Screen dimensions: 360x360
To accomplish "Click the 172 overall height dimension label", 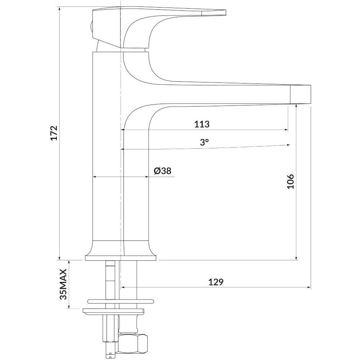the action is pyautogui.click(x=54, y=133).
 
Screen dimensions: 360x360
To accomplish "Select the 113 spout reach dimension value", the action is pyautogui.click(x=202, y=124).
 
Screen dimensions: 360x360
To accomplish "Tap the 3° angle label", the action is pyautogui.click(x=204, y=142).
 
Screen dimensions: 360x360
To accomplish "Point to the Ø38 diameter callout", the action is pyautogui.click(x=163, y=171).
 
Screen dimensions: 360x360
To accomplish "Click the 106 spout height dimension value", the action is pyautogui.click(x=291, y=181).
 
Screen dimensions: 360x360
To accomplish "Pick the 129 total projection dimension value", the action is pyautogui.click(x=216, y=282).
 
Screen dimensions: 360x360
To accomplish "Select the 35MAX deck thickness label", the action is pyautogui.click(x=63, y=284).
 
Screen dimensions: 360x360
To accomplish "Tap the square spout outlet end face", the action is pyautogui.click(x=301, y=94).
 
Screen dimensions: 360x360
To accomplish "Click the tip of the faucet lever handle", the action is pyautogui.click(x=225, y=13).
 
